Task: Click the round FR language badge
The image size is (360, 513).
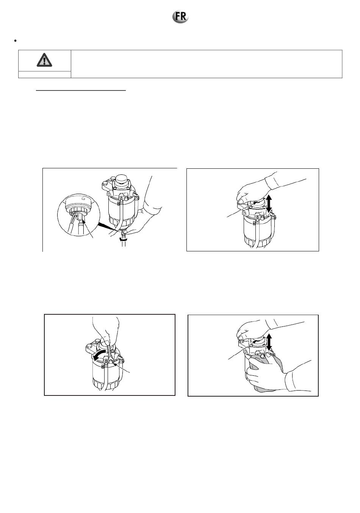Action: point(180,17)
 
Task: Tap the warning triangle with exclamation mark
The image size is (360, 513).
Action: point(44,60)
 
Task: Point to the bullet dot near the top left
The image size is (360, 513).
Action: point(15,41)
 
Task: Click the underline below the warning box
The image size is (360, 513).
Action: point(81,90)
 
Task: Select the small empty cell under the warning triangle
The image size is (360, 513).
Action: point(45,74)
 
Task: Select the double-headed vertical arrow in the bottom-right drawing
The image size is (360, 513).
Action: point(269,342)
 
